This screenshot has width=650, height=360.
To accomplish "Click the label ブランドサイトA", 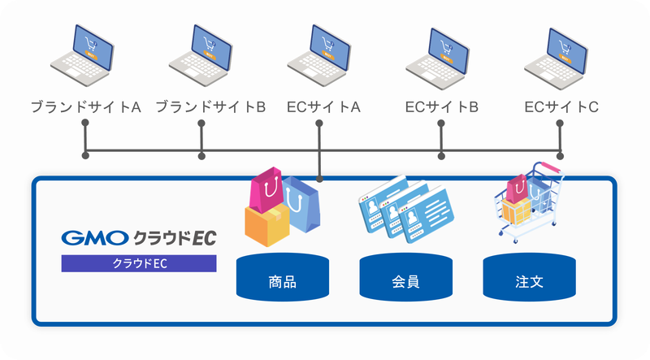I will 85,106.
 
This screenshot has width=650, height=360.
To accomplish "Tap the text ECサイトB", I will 441,106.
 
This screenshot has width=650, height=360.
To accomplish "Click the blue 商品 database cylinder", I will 282,277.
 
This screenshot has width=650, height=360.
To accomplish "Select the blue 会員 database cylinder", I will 406,277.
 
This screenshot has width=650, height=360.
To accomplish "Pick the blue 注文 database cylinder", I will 530,277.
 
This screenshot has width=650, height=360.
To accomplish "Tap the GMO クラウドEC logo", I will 139,238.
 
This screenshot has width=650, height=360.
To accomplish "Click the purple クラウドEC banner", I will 139,263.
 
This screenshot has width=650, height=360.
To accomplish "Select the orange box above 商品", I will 266,224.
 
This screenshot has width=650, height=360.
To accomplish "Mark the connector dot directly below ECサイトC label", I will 560,124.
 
